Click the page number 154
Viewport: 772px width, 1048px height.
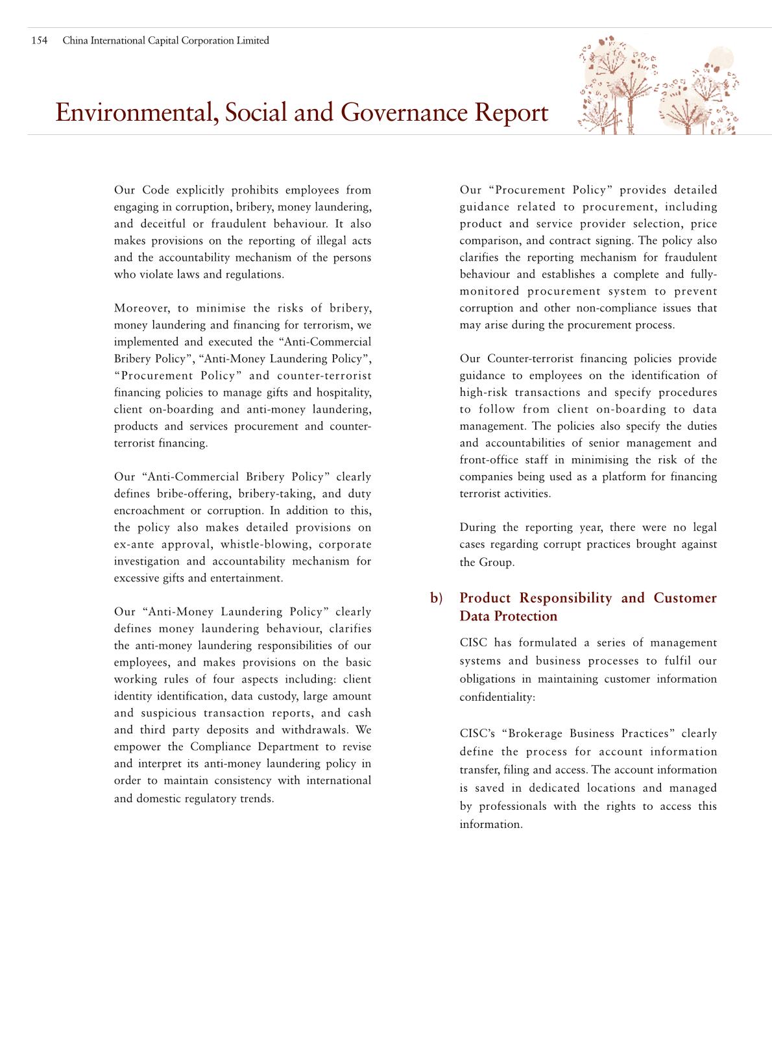40,41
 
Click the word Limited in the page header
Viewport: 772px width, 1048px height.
254,41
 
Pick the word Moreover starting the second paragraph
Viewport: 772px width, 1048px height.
141,308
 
